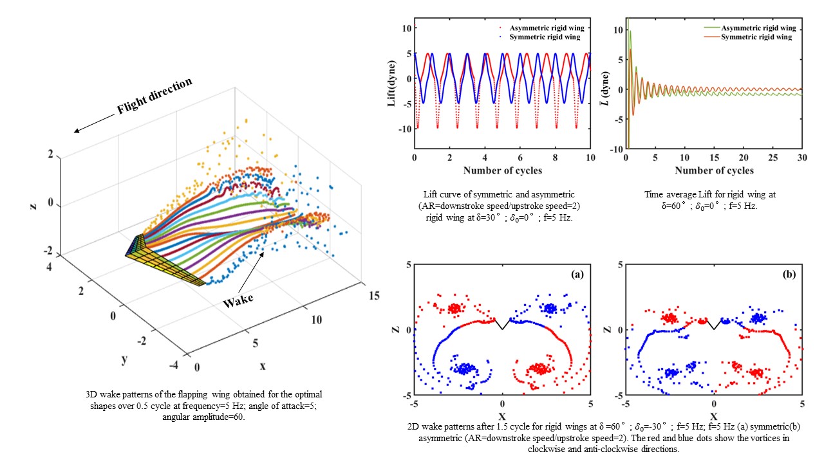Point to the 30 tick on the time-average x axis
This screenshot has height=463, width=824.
(x=802, y=159)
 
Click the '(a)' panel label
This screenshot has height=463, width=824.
(x=577, y=274)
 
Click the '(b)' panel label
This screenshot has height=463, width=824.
(x=788, y=274)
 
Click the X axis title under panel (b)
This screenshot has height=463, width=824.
(x=714, y=416)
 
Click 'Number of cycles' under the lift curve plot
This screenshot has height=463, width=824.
(x=502, y=170)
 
